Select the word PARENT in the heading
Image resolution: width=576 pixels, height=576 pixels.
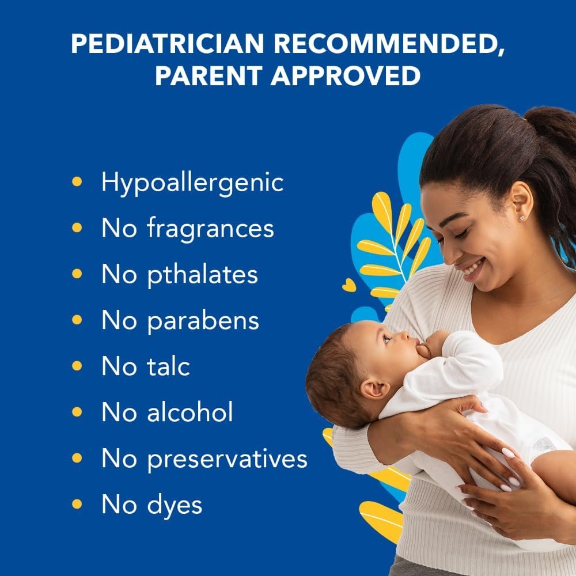[208, 75]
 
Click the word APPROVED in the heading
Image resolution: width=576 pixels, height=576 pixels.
[345, 75]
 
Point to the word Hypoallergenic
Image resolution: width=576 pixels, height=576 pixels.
[192, 183]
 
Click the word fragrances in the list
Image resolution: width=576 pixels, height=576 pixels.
[210, 229]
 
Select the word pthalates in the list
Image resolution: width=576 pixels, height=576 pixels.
[202, 275]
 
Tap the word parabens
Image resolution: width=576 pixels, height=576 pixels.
[203, 321]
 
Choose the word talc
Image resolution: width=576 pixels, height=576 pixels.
[168, 366]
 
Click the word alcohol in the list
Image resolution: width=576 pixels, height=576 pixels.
[190, 412]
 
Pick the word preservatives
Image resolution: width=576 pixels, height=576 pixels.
[227, 459]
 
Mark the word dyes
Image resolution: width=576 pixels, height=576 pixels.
[175, 505]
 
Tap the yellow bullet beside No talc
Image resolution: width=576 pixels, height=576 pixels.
[77, 366]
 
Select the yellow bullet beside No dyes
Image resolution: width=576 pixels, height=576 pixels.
[77, 504]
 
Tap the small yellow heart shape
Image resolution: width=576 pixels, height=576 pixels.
[348, 285]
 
